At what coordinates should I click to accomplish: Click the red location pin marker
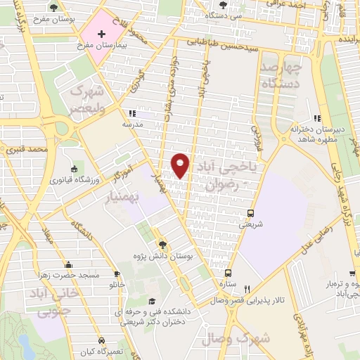tap(180, 165)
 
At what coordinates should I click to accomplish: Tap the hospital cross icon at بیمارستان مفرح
tap(102, 34)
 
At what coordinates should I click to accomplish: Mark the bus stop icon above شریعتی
tap(251, 213)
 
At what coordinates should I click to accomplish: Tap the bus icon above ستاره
tap(227, 273)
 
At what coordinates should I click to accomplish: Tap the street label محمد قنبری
tap(27, 150)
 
